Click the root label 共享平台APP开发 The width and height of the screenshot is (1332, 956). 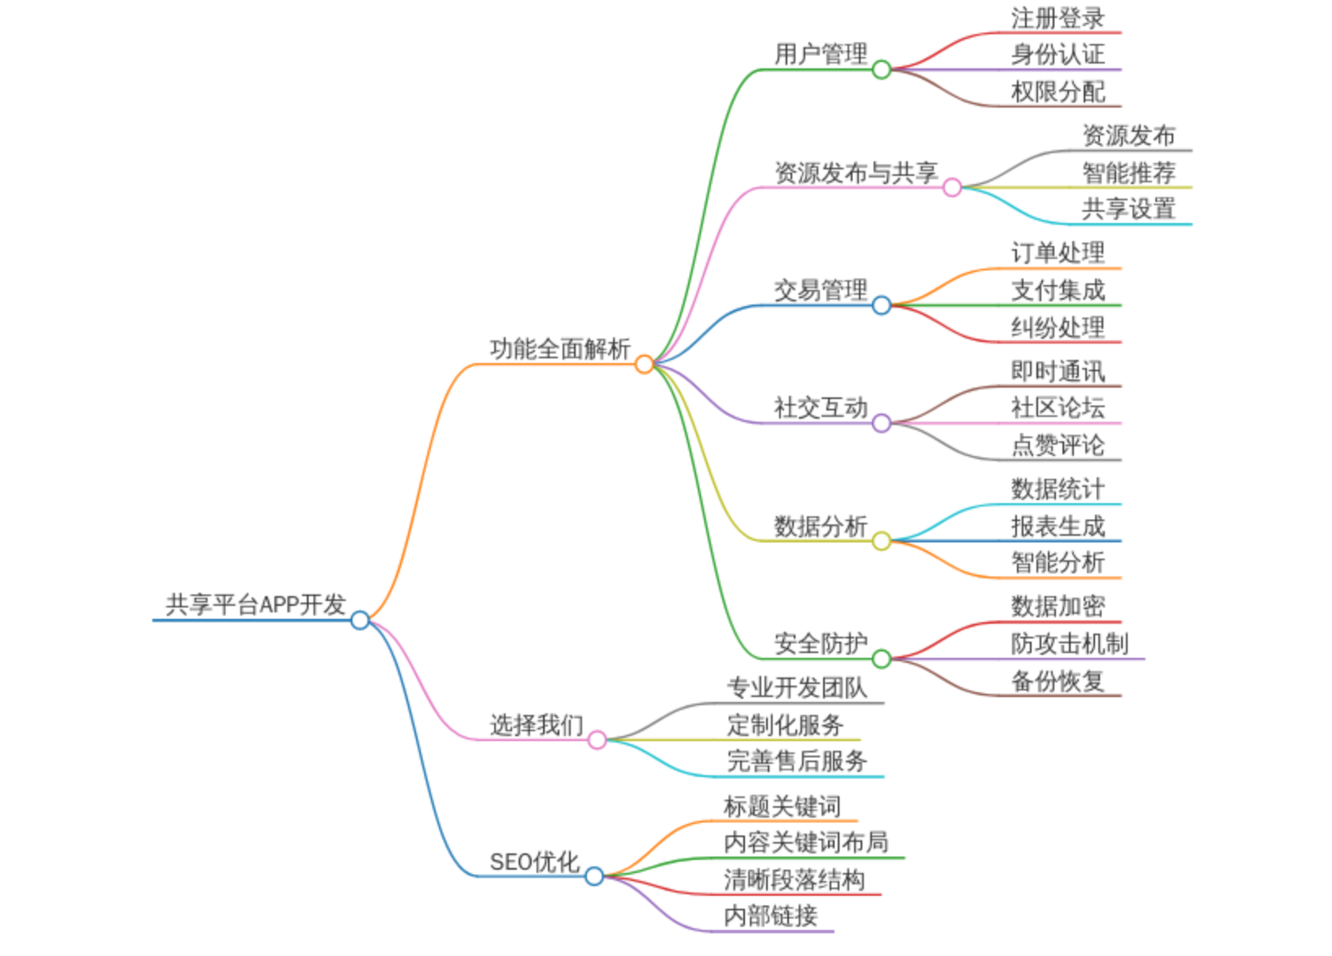coord(256,604)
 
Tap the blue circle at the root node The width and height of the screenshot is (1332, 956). coord(360,621)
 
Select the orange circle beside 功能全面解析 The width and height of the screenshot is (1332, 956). coord(644,364)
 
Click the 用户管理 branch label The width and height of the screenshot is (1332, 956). coord(820,55)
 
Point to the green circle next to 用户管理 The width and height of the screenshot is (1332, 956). coord(881,70)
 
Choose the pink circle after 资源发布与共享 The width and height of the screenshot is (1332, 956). coord(952,188)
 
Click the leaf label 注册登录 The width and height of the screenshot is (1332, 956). coord(1058,18)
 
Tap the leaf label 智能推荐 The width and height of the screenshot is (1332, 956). coord(1128,173)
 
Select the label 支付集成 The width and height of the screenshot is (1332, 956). coord(1058,290)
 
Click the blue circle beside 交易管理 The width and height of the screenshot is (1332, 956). coord(881,305)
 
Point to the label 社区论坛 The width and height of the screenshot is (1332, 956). coord(1058,407)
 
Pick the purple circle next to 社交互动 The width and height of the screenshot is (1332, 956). coord(881,423)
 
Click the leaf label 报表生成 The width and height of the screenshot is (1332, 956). coord(1058,526)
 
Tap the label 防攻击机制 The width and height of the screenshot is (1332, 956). coord(1069,643)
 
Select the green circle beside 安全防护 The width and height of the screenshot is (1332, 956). coord(881,658)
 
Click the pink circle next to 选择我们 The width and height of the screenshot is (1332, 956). coord(597,739)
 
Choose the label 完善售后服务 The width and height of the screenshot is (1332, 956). coord(796,761)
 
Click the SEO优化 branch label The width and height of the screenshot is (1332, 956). coord(534,862)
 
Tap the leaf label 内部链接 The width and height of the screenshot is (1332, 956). coord(770,915)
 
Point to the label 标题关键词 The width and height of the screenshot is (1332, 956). coord(782,806)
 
